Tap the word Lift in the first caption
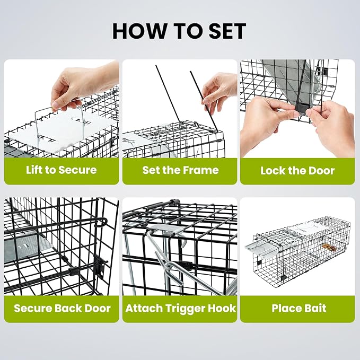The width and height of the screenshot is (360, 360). (x=34, y=170)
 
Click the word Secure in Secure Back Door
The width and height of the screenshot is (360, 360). (x=33, y=308)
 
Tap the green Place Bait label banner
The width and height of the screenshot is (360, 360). (x=297, y=309)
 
